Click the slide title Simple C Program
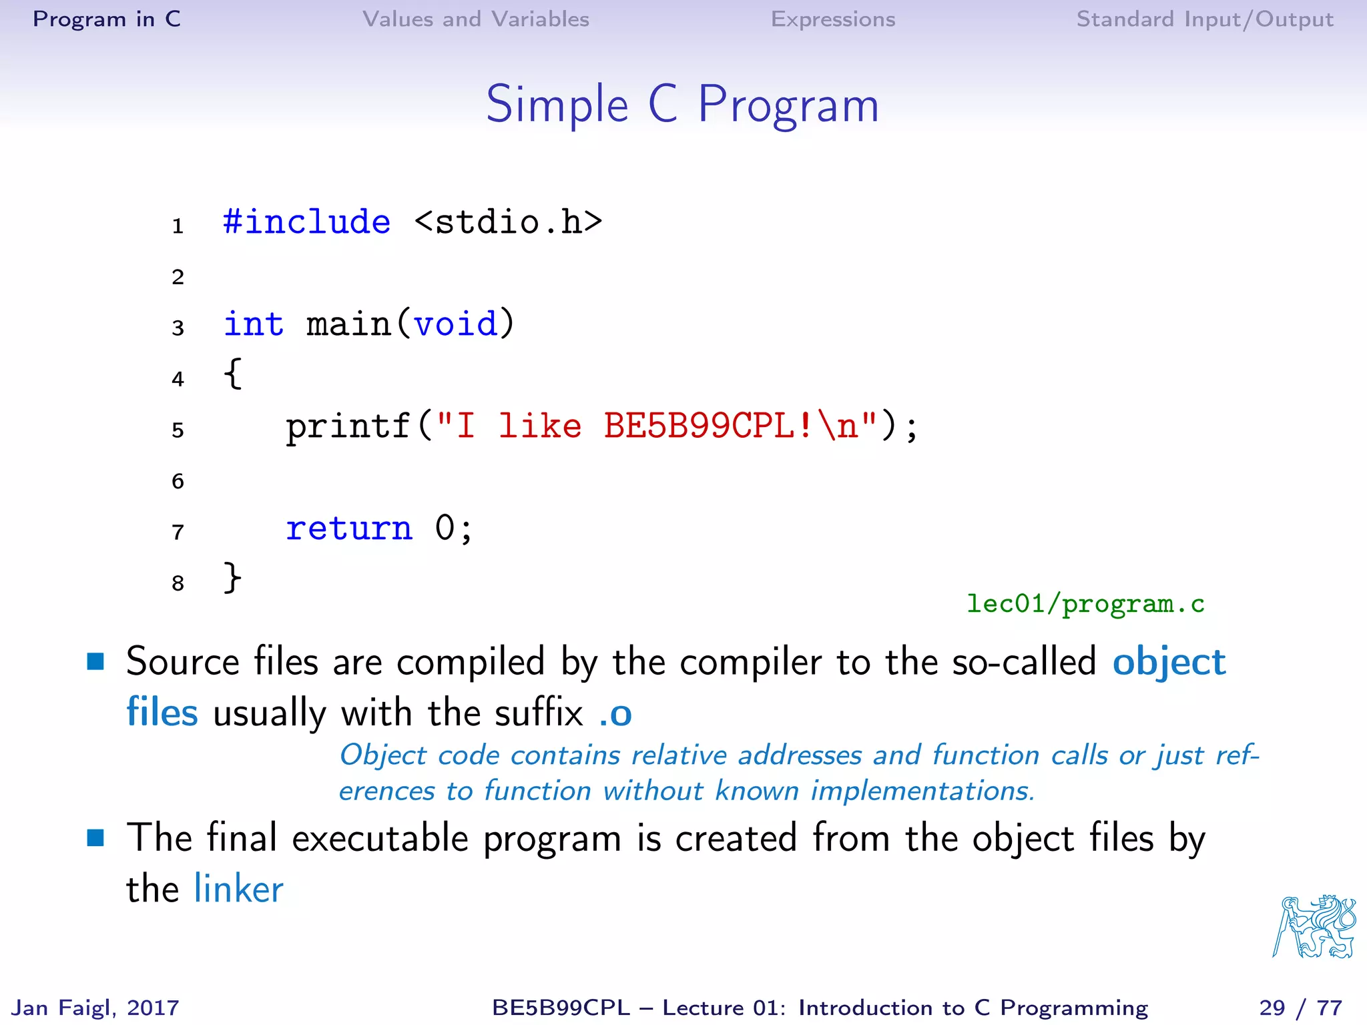[x=682, y=105]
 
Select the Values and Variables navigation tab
[x=475, y=19]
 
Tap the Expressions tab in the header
[x=832, y=19]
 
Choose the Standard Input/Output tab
[x=1204, y=19]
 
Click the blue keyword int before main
[x=253, y=324]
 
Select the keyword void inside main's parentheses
[x=455, y=324]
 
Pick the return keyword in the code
[x=349, y=529]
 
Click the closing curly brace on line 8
[x=232, y=578]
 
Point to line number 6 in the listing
[x=178, y=481]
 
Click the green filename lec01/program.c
[x=1085, y=604]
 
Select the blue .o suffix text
[x=615, y=714]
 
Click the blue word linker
[x=238, y=890]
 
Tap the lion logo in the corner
[x=1314, y=927]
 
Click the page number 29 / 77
[x=1300, y=1008]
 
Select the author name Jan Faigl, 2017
[x=95, y=1008]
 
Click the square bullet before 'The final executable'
[x=96, y=837]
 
